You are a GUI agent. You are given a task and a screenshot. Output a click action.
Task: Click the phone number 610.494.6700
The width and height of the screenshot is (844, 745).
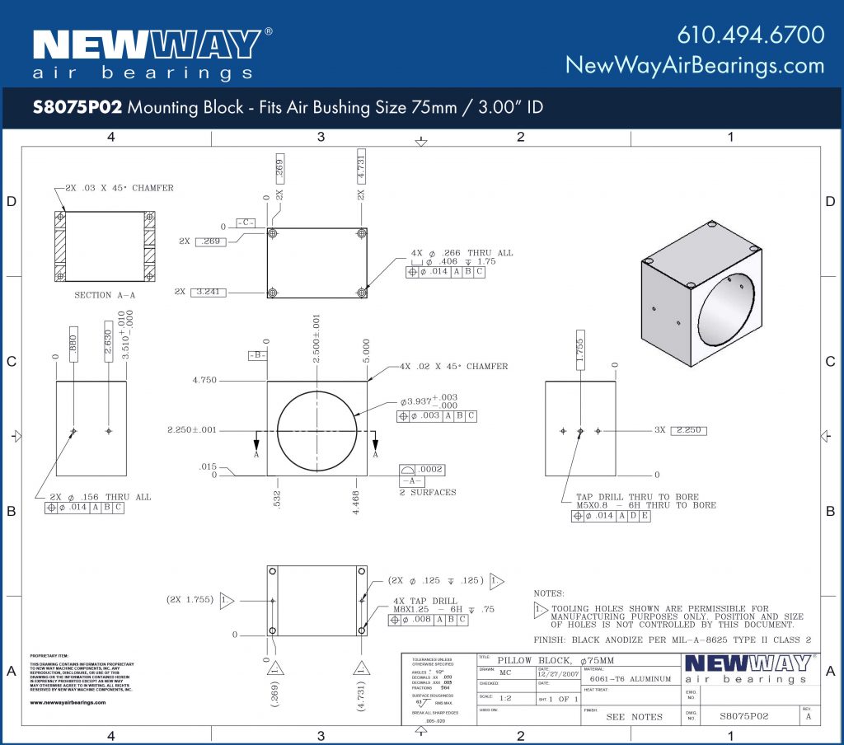[x=750, y=35]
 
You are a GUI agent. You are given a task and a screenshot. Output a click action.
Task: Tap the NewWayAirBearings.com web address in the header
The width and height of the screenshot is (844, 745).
[x=694, y=66]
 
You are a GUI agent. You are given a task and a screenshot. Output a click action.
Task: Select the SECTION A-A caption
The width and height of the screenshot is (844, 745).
[x=105, y=295]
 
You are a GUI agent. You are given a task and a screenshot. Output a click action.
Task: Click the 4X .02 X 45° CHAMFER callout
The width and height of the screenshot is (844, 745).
[x=453, y=366]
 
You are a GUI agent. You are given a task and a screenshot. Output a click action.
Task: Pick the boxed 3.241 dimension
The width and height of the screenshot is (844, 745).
[x=211, y=292]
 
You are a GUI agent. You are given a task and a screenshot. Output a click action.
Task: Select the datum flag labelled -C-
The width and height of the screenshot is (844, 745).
[x=245, y=223]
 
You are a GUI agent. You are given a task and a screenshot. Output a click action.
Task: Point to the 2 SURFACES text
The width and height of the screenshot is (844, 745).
[x=428, y=493]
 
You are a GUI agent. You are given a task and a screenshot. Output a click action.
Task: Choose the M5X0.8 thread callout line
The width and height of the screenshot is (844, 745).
[x=645, y=505]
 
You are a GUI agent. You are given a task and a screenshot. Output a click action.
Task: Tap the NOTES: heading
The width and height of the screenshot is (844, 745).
[x=549, y=593]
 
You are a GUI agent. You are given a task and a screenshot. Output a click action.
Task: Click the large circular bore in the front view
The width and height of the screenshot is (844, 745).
[x=317, y=430]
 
